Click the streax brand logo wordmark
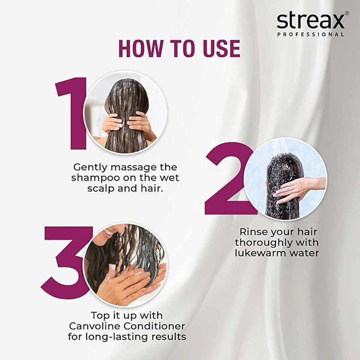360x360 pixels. pyautogui.click(x=310, y=21)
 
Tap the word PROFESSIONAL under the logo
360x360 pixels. pyautogui.click(x=310, y=35)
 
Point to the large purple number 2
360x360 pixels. pyautogui.click(x=229, y=179)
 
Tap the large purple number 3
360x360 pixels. pyautogui.click(x=67, y=262)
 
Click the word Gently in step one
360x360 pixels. pyautogui.click(x=90, y=167)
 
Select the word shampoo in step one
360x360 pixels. pyautogui.click(x=95, y=178)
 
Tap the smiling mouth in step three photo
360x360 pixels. pyautogui.click(x=108, y=232)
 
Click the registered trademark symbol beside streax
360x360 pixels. pyautogui.click(x=347, y=13)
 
